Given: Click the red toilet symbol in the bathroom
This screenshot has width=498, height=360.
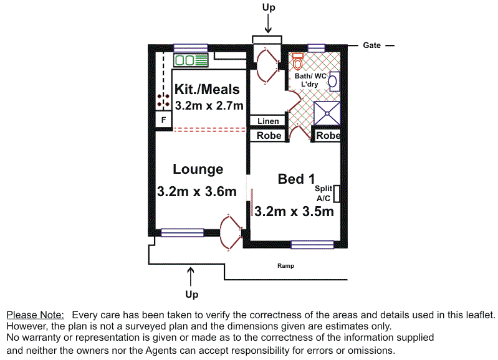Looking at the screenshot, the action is point(297,62).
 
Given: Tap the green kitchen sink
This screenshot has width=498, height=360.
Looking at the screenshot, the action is point(191,60).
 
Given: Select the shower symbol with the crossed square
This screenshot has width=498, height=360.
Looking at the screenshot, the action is point(327,113).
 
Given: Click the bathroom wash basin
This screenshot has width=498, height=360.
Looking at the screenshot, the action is point(333,82).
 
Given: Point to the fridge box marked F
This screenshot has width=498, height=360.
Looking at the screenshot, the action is point(163,120).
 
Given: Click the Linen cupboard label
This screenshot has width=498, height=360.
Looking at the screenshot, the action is point(268,121).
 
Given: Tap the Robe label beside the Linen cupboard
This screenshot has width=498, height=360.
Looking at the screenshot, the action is point(269,136).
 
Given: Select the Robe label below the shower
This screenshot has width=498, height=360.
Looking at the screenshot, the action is point(328,136).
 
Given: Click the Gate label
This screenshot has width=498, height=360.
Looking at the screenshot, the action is point(371,45).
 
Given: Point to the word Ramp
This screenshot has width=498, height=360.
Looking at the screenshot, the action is point(285,266).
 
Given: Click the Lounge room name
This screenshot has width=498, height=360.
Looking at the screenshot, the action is point(198,169).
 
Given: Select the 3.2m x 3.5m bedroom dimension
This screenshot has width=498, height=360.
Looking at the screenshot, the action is point(294,211).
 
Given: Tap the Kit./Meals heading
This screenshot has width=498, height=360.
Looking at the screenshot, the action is point(207,89).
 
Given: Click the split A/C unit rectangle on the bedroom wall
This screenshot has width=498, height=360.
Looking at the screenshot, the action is point(337,194).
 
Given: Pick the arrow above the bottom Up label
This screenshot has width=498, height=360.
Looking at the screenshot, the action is point(191,277).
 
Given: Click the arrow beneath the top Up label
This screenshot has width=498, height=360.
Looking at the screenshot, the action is point(268,24).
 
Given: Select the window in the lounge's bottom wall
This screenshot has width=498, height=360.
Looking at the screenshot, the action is point(182,233).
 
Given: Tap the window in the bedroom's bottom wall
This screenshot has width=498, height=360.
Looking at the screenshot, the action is point(312,245).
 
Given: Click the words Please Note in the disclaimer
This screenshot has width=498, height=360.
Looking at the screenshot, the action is point(36,315).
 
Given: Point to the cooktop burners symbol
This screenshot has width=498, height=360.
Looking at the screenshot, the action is point(163,100).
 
